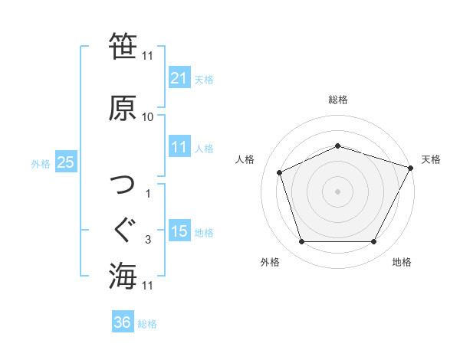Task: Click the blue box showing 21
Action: tap(179, 78)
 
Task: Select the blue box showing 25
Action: tap(66, 162)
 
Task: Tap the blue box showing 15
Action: tap(179, 231)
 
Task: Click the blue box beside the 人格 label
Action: tap(179, 147)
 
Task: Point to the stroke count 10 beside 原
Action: tap(148, 117)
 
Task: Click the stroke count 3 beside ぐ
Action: tap(148, 241)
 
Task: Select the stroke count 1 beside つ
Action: tap(148, 194)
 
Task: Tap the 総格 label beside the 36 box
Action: tap(147, 324)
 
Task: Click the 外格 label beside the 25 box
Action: tap(41, 163)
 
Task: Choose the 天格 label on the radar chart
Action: tap(431, 160)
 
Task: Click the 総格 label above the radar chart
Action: tap(337, 100)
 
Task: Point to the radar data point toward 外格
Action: tap(301, 242)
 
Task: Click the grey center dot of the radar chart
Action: tap(337, 191)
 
